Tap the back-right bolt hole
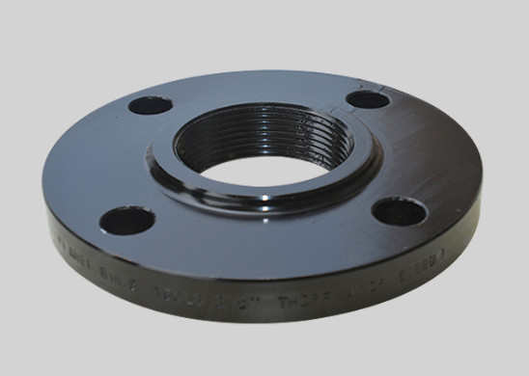coord(367,97)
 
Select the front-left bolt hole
coord(126,222)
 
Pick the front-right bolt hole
coord(396,210)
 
